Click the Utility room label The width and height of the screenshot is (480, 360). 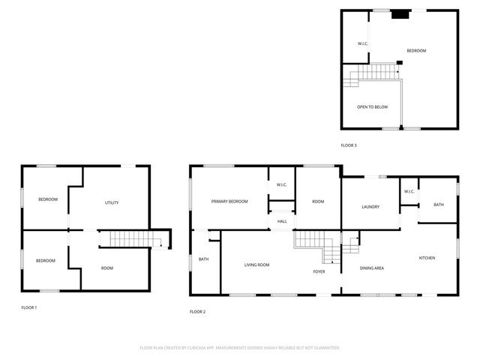point(112,202)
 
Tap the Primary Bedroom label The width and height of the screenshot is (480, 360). point(229,201)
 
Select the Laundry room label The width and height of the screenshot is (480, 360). point(370,207)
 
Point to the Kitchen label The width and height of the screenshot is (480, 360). point(427,258)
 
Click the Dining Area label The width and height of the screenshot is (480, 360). point(372,268)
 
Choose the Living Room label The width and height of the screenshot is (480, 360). point(256,265)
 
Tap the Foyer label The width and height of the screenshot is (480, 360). point(319,271)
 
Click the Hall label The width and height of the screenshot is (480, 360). point(282,221)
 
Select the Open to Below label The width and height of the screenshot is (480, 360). point(372,107)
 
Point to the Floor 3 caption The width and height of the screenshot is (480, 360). point(349,145)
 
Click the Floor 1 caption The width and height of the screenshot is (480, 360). point(28,307)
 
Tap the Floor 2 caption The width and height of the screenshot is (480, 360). point(197,311)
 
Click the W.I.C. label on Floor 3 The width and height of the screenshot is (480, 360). point(362,43)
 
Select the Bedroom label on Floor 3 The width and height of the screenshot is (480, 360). point(416,50)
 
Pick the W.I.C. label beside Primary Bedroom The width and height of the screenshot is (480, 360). point(282,184)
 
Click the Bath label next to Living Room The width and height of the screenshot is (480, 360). point(203,259)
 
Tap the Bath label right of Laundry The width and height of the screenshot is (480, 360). point(438,205)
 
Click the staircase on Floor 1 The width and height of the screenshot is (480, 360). point(127,238)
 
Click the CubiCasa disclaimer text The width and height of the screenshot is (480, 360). point(239,348)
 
